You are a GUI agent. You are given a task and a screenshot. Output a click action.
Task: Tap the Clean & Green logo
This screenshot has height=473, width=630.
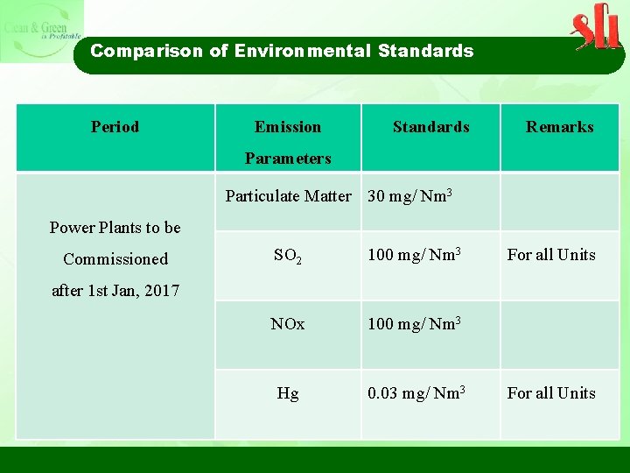pyautogui.click(x=41, y=32)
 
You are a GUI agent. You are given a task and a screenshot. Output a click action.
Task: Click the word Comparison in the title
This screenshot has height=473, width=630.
pyautogui.click(x=146, y=51)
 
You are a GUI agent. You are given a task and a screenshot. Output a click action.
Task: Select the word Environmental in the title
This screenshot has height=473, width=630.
pyautogui.click(x=302, y=51)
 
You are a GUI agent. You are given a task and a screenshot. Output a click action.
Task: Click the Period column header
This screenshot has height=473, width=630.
pyautogui.click(x=115, y=127)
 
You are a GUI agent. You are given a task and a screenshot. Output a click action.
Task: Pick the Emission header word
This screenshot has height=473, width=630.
pyautogui.click(x=288, y=127)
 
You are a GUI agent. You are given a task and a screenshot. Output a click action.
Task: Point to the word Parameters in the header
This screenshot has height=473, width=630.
pyautogui.click(x=288, y=159)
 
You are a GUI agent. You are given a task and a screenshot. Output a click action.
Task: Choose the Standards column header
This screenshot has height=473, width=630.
pyautogui.click(x=430, y=127)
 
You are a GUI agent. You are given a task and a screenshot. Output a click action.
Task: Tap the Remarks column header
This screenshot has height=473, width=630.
pyautogui.click(x=559, y=127)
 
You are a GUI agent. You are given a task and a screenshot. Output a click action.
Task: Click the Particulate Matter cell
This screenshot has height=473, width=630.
pyautogui.click(x=288, y=196)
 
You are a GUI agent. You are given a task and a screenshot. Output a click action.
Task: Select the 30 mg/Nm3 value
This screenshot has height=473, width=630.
pyautogui.click(x=409, y=196)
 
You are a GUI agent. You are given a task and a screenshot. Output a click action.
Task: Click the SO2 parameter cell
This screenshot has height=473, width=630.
pyautogui.click(x=288, y=256)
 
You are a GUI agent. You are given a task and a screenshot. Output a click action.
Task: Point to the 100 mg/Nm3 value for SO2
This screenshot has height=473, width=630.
pyautogui.click(x=413, y=255)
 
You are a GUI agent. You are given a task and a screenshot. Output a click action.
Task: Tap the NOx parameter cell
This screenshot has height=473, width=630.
pyautogui.click(x=288, y=324)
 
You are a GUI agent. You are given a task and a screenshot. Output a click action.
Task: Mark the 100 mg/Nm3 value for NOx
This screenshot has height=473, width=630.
pyautogui.click(x=413, y=324)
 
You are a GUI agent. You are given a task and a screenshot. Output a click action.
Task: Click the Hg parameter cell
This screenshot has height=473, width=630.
pyautogui.click(x=288, y=393)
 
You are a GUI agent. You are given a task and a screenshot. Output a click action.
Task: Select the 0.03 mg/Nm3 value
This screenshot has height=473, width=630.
pyautogui.click(x=416, y=393)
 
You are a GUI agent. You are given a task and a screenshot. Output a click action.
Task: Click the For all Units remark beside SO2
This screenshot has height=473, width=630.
pyautogui.click(x=551, y=255)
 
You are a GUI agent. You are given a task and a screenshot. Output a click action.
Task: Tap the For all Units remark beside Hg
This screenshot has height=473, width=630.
pyautogui.click(x=551, y=393)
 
